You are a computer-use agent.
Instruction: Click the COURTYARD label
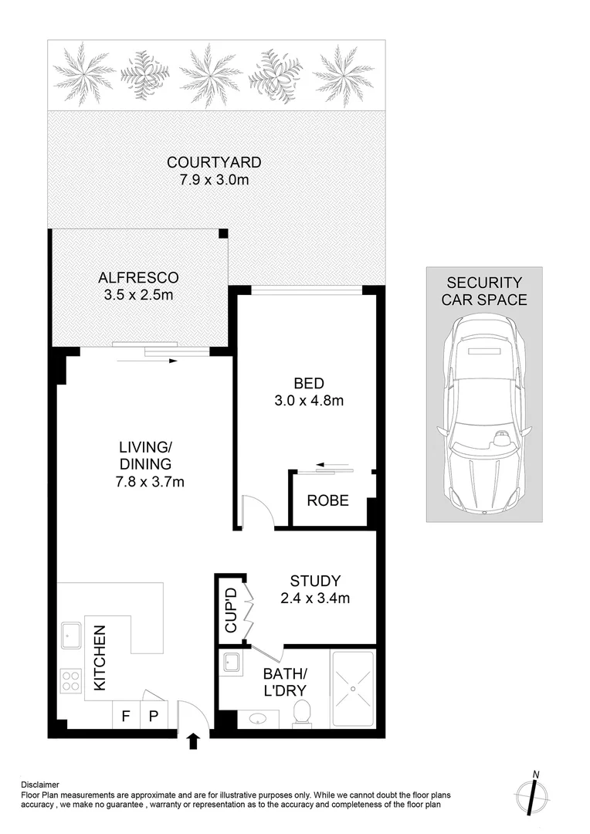click(215, 163)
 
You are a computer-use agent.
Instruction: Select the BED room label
click(308, 383)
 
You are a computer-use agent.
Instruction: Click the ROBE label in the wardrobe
click(328, 500)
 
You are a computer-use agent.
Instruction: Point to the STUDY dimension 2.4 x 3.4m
click(315, 598)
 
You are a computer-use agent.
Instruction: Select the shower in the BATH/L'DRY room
click(353, 689)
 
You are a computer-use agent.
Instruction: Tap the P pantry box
click(153, 715)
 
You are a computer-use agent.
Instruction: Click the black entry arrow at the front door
click(193, 742)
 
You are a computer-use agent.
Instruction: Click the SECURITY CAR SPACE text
click(484, 291)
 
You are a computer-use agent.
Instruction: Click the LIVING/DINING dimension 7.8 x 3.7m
click(148, 483)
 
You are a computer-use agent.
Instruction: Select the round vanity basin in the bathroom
click(259, 718)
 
